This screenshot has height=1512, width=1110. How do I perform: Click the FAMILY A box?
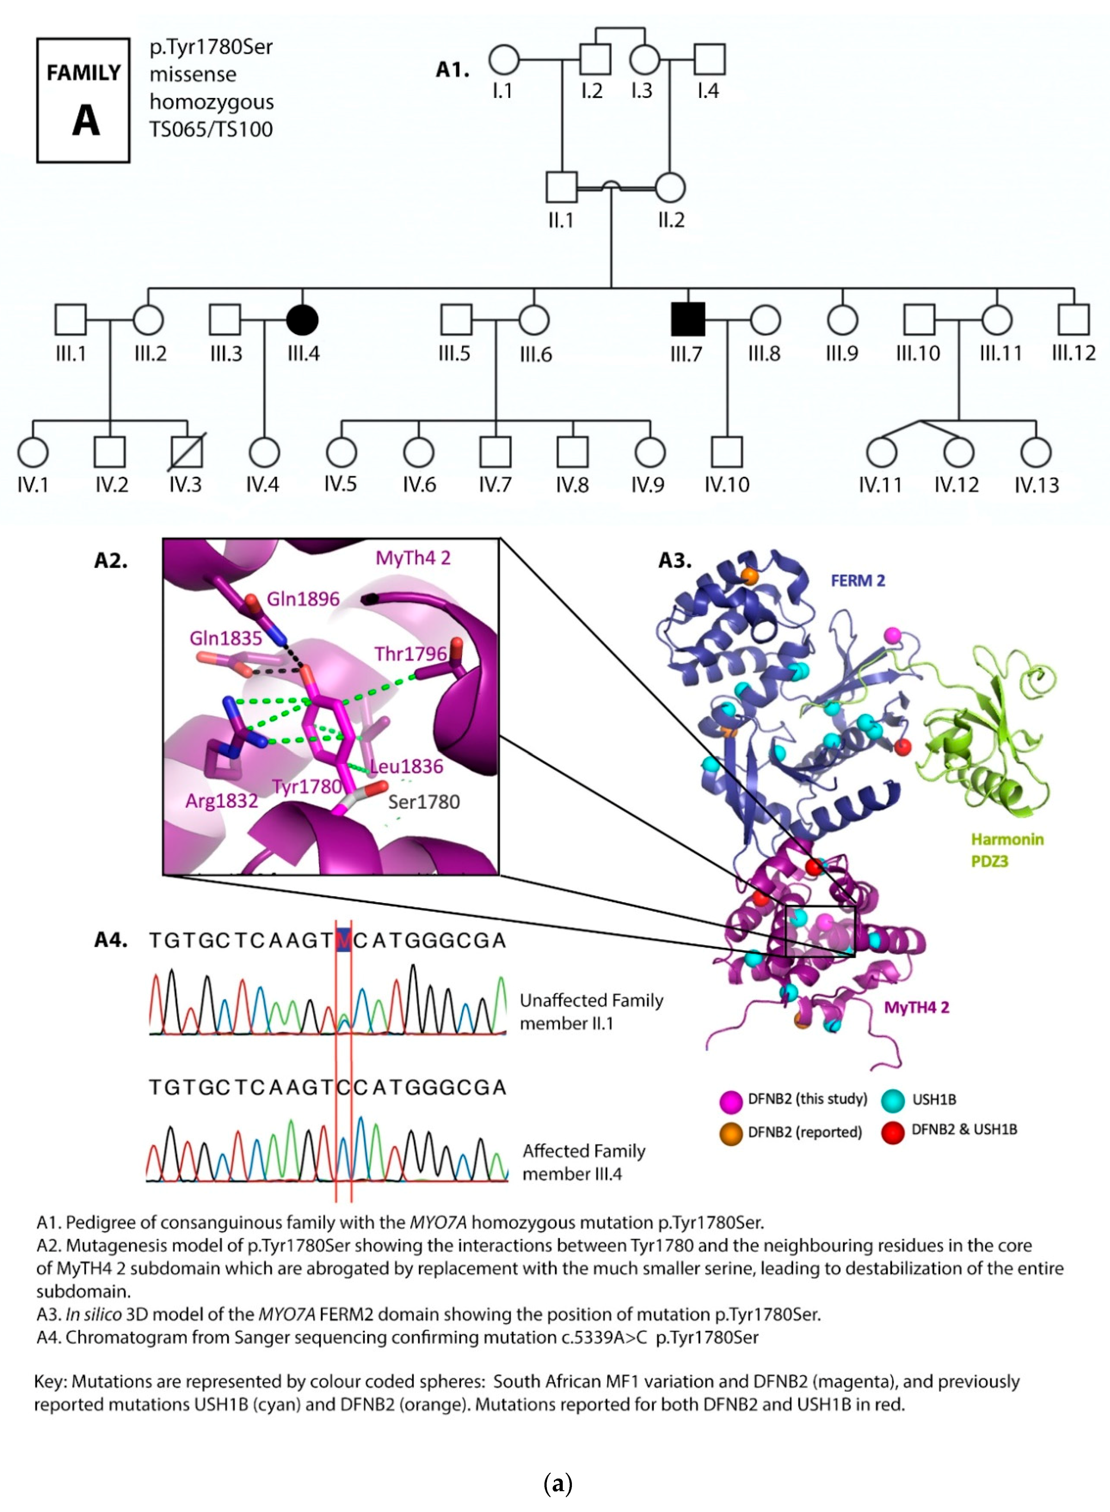click(x=83, y=100)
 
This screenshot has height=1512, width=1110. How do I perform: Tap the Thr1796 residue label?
click(x=410, y=654)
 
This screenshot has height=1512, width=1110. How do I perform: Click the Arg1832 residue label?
click(x=222, y=801)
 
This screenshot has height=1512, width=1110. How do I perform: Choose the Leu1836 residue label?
click(x=407, y=766)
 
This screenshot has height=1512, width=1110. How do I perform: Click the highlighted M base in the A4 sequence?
click(x=343, y=940)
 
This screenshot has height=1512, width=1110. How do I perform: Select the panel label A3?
click(x=675, y=560)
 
